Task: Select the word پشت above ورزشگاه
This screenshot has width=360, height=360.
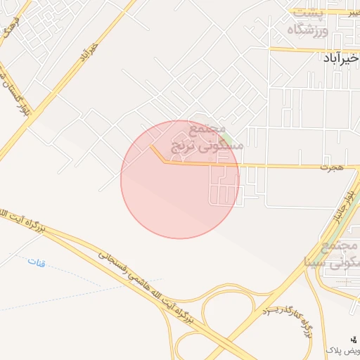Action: click(307, 13)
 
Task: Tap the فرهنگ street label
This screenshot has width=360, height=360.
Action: click(8, 32)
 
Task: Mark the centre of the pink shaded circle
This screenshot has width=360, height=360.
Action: click(180, 179)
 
